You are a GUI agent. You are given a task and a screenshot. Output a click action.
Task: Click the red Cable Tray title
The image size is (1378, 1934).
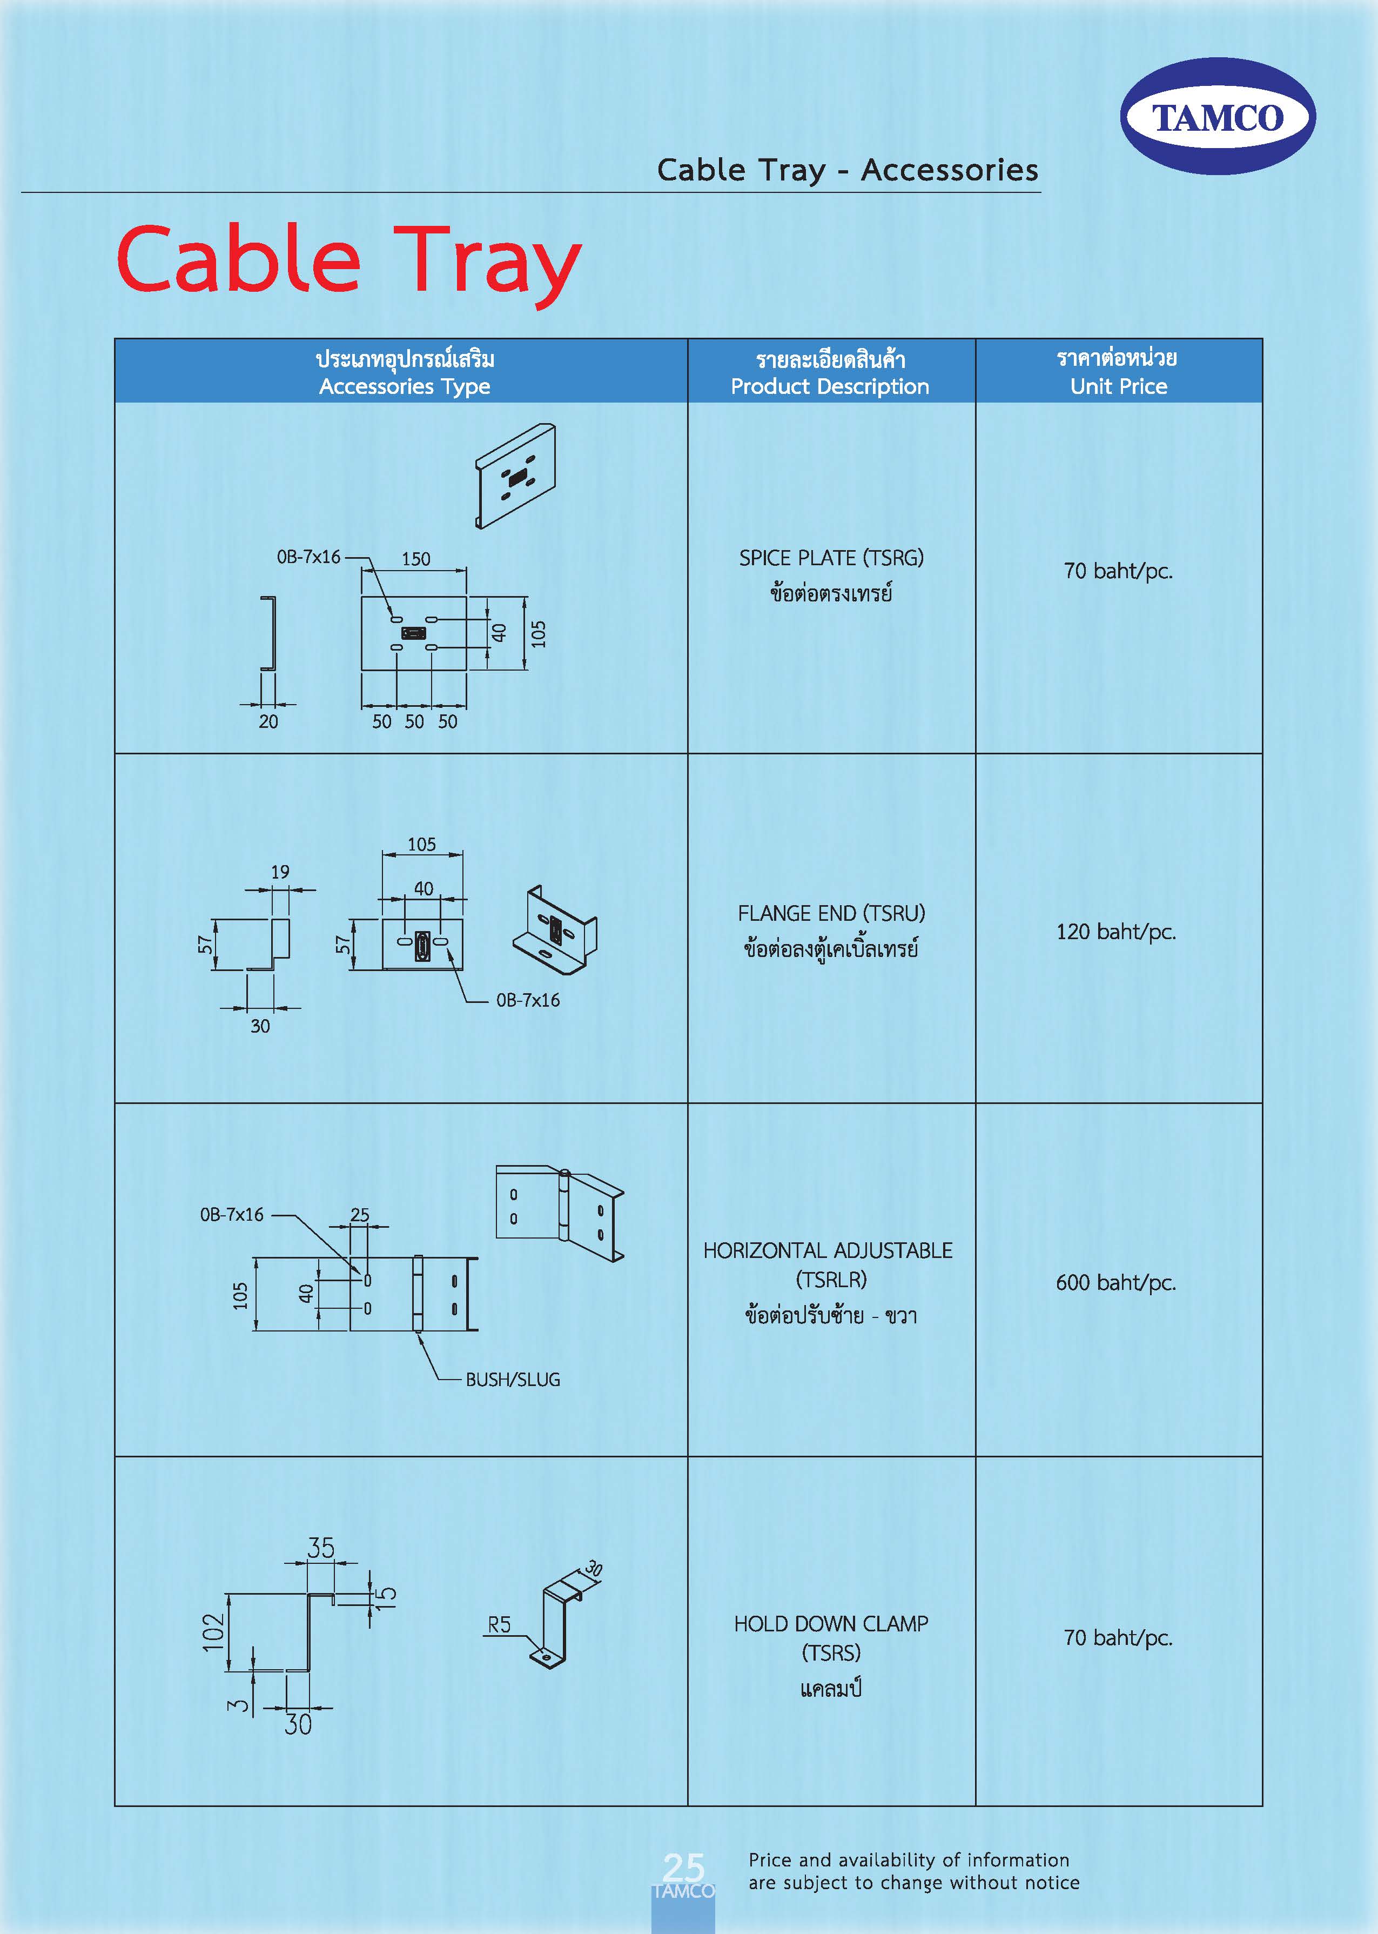coord(349,260)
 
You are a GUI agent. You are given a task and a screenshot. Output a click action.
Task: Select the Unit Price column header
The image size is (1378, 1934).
coord(1118,386)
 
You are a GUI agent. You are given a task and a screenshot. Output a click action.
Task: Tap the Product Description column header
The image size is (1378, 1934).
coord(830,386)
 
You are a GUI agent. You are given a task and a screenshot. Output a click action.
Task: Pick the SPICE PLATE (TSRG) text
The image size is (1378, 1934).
coord(831,558)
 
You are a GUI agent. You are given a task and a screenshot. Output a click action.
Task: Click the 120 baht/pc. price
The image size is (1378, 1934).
coord(1116,932)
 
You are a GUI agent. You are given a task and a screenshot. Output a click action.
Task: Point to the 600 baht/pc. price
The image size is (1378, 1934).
coord(1116,1282)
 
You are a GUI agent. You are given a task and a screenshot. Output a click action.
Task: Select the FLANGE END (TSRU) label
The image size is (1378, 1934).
coord(831,913)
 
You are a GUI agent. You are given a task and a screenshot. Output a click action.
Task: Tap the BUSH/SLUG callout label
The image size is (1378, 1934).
coord(513,1380)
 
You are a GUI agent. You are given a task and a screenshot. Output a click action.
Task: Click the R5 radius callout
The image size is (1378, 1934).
coord(499,1624)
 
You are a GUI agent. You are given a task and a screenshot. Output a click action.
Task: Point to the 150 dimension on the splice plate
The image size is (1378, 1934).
coord(416,559)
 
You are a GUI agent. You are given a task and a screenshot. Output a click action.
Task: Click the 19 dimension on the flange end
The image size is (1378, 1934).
coord(280,872)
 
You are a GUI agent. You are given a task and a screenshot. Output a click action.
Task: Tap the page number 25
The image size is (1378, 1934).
coord(683,1868)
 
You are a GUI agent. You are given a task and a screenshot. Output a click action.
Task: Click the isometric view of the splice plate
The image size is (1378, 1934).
coord(515,475)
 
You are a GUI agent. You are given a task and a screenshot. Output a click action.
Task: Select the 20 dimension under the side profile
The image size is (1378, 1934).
coord(268,721)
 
